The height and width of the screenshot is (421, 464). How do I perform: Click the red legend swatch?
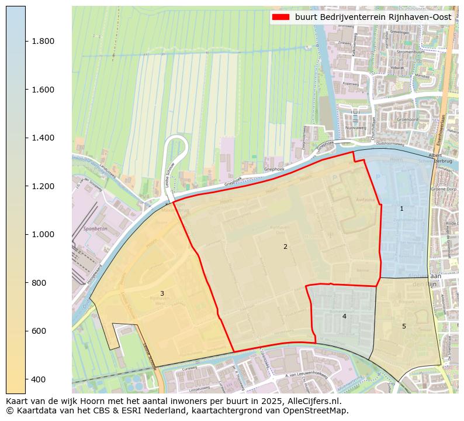pos(281,18)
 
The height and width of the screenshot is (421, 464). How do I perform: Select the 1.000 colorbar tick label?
pos(43,234)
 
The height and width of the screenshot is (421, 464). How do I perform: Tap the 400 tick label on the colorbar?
pos(38,379)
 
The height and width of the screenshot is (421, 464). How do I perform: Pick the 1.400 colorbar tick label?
pos(43,138)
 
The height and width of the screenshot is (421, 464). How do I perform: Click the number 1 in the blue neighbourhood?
pos(401,208)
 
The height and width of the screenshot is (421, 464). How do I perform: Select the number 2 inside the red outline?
pos(285,247)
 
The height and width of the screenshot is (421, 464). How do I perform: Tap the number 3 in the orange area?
pos(162,293)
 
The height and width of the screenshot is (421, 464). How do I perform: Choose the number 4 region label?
pos(344,316)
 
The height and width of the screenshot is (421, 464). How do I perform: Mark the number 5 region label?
pos(404,326)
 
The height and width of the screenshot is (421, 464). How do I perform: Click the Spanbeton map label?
pos(95,229)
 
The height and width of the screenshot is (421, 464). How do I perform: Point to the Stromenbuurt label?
pos(410,52)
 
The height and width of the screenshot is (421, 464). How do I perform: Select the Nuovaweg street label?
pos(356,127)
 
